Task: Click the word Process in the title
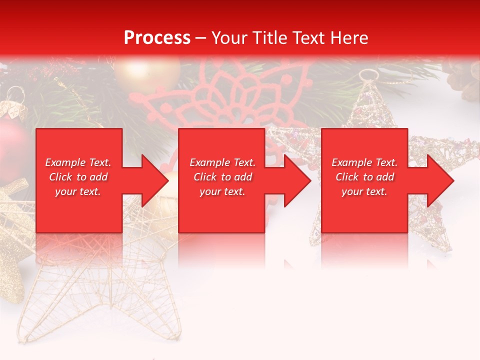click(x=157, y=38)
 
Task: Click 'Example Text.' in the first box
click(x=78, y=162)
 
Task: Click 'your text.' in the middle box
click(x=222, y=191)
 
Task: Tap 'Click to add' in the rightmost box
click(x=365, y=177)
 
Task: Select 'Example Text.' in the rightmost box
click(x=364, y=162)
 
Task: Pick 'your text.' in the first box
click(x=78, y=191)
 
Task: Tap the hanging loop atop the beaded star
click(x=368, y=76)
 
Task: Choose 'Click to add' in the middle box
click(x=222, y=177)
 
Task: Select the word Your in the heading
click(x=230, y=38)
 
